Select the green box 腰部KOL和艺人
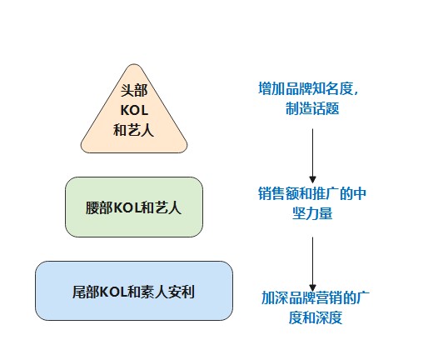pyautogui.click(x=133, y=206)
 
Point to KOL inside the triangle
pyautogui.click(x=133, y=111)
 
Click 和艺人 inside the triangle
pyautogui.click(x=133, y=130)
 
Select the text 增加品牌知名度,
pyautogui.click(x=309, y=88)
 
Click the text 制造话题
pyautogui.click(x=310, y=108)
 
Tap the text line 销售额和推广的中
pyautogui.click(x=312, y=195)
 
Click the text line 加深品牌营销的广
pyautogui.click(x=312, y=297)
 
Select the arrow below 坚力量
pyautogui.click(x=312, y=262)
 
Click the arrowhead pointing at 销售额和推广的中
pyautogui.click(x=312, y=177)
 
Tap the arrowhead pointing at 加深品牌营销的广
pyautogui.click(x=312, y=283)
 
